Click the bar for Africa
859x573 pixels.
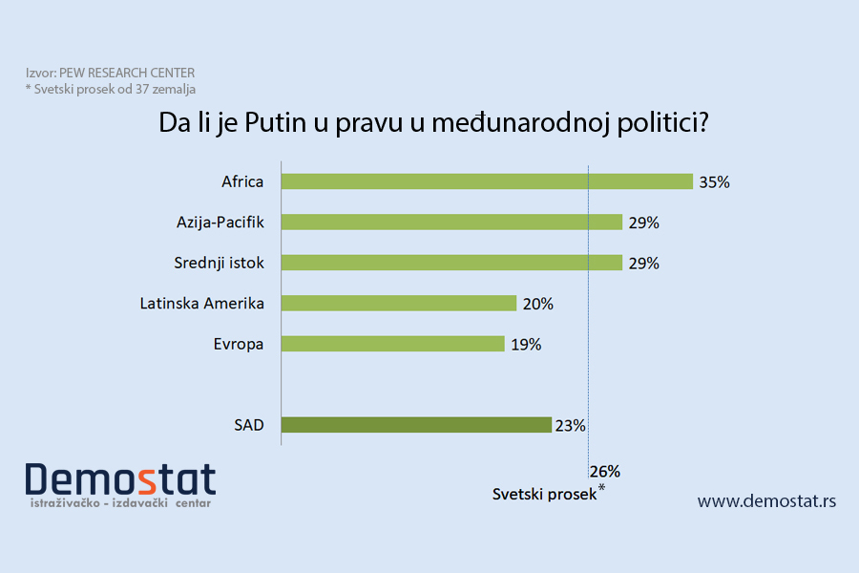[487, 181]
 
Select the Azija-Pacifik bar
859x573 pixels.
[452, 222]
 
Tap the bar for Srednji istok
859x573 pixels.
[452, 263]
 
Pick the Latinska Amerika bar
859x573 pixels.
[399, 304]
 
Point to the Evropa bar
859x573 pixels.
[393, 344]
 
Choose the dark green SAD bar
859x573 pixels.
[417, 425]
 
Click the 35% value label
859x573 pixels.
[714, 181]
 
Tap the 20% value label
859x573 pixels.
[537, 304]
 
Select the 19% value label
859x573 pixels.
[525, 345]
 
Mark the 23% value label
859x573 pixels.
[570, 426]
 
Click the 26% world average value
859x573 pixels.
[605, 471]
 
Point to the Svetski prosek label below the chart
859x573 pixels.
[544, 495]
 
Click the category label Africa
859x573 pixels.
[242, 181]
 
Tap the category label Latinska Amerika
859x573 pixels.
[201, 304]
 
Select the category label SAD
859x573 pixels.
[248, 425]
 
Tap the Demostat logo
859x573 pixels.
[120, 483]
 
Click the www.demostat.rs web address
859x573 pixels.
[766, 500]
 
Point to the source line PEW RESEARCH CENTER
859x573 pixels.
[111, 74]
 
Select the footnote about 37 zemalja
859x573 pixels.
[110, 89]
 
